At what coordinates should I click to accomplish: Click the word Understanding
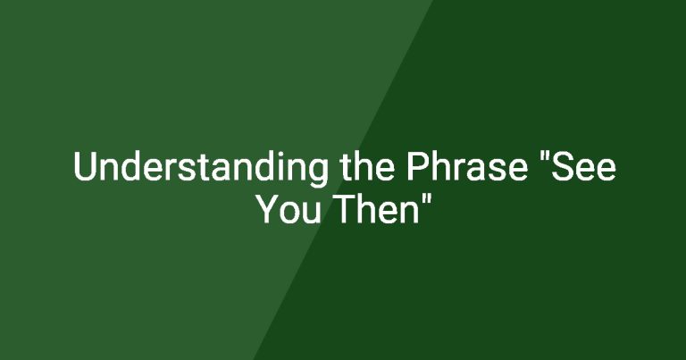200,168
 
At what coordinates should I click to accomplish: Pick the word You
289,209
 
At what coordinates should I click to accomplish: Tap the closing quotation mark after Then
428,199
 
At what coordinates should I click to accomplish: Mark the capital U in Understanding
85,166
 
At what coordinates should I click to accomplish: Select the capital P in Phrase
418,166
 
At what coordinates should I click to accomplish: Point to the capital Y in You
269,209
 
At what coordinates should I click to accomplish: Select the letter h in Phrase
442,166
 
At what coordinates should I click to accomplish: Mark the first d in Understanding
132,166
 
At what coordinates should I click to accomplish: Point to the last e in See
607,171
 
